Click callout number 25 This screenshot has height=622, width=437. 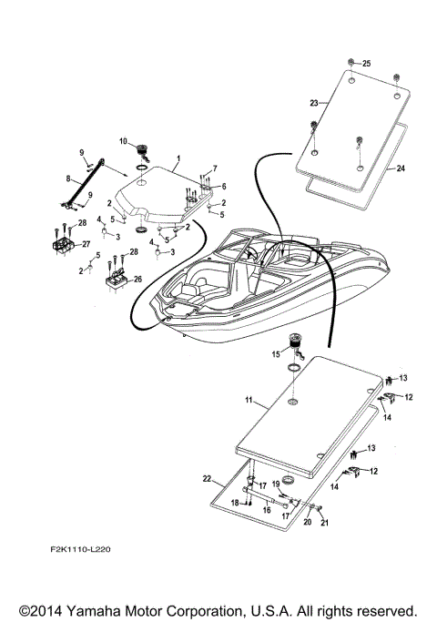(367, 64)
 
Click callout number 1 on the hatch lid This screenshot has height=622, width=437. (178, 158)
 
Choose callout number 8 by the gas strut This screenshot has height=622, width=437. (68, 179)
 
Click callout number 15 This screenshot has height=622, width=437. (275, 352)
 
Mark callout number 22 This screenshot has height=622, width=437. (207, 478)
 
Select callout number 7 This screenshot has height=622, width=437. (216, 168)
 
